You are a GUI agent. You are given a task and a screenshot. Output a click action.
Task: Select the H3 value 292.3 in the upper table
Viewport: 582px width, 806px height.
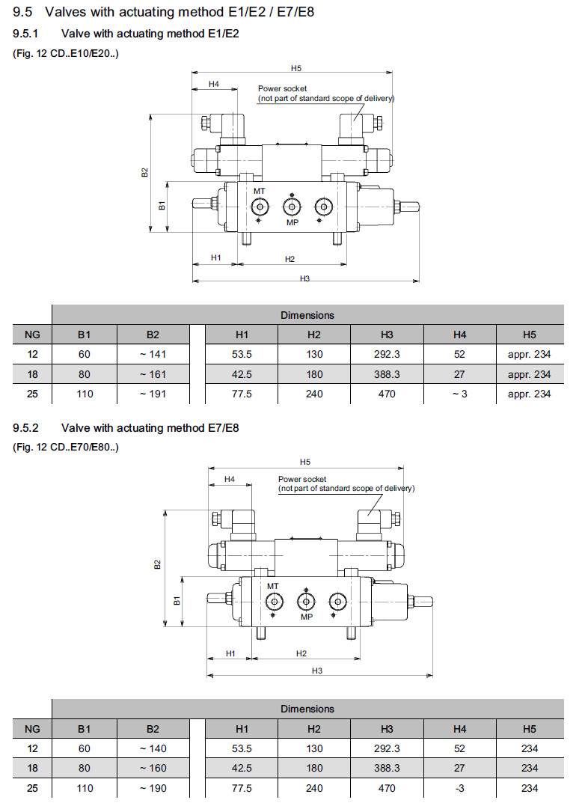[x=387, y=354]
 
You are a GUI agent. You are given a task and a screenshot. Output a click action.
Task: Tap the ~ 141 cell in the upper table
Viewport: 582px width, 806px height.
[x=153, y=354]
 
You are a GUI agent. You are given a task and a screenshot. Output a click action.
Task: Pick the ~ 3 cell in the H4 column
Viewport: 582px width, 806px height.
[x=459, y=394]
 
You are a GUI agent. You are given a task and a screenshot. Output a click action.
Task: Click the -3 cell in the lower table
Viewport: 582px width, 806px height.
[x=459, y=787]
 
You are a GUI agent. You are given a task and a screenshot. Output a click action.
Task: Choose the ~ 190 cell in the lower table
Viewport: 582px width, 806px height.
[x=153, y=787]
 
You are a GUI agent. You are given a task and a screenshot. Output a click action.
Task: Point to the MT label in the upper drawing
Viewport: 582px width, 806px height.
[x=259, y=192]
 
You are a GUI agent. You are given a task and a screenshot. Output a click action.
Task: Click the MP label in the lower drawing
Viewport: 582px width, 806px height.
[x=306, y=617]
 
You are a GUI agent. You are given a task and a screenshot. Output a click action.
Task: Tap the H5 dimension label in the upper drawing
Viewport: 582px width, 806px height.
[x=296, y=68]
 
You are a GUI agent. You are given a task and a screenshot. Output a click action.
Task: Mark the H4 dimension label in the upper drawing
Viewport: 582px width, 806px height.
[x=214, y=84]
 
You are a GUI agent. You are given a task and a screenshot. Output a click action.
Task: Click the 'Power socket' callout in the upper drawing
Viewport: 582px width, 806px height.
[x=282, y=88]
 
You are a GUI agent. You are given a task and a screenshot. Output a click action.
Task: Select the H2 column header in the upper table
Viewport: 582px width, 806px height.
[x=313, y=335]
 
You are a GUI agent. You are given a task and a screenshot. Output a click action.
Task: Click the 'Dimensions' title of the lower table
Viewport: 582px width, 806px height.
[x=307, y=709]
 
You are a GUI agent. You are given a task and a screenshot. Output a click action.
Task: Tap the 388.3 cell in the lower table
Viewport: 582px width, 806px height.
[x=387, y=768]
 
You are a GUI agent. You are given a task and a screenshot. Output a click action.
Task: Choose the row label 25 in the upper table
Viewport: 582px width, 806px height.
[x=32, y=394]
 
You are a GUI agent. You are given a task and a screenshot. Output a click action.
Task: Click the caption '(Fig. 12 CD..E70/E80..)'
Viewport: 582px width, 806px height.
[x=66, y=448]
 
